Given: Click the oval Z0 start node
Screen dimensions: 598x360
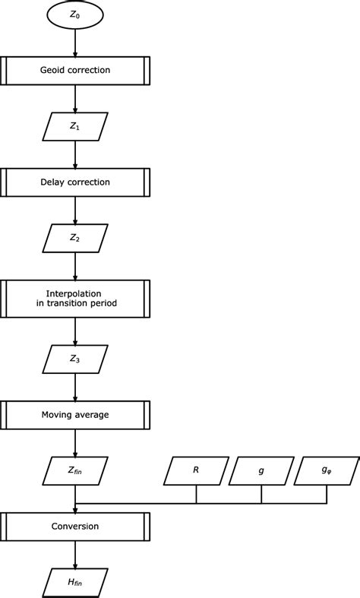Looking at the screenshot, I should [74, 14].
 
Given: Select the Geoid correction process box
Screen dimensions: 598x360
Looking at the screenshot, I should [74, 70].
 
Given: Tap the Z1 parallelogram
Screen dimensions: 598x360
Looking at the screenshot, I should [74, 126].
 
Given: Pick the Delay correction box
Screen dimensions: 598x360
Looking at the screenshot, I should [74, 182].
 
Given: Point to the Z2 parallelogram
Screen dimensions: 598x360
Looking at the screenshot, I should [74, 237].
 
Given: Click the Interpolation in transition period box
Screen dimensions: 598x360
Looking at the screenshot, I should [74, 298].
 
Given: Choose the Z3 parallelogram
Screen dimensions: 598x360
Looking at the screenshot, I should [74, 359].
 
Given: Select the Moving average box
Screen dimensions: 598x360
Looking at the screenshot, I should [74, 414].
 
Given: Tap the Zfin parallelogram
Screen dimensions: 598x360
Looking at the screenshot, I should [74, 470].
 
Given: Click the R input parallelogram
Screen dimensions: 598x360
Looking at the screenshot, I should [197, 470].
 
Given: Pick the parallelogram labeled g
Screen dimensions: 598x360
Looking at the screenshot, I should [261, 470].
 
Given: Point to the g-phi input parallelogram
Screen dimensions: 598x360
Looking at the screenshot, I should [327, 470].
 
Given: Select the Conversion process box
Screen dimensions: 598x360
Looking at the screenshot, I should [74, 526].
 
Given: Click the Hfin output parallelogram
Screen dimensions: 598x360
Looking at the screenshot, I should [74, 581].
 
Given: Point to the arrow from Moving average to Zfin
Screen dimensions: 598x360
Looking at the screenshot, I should [74, 442].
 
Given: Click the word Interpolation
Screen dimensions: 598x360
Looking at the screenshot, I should [74, 292].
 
